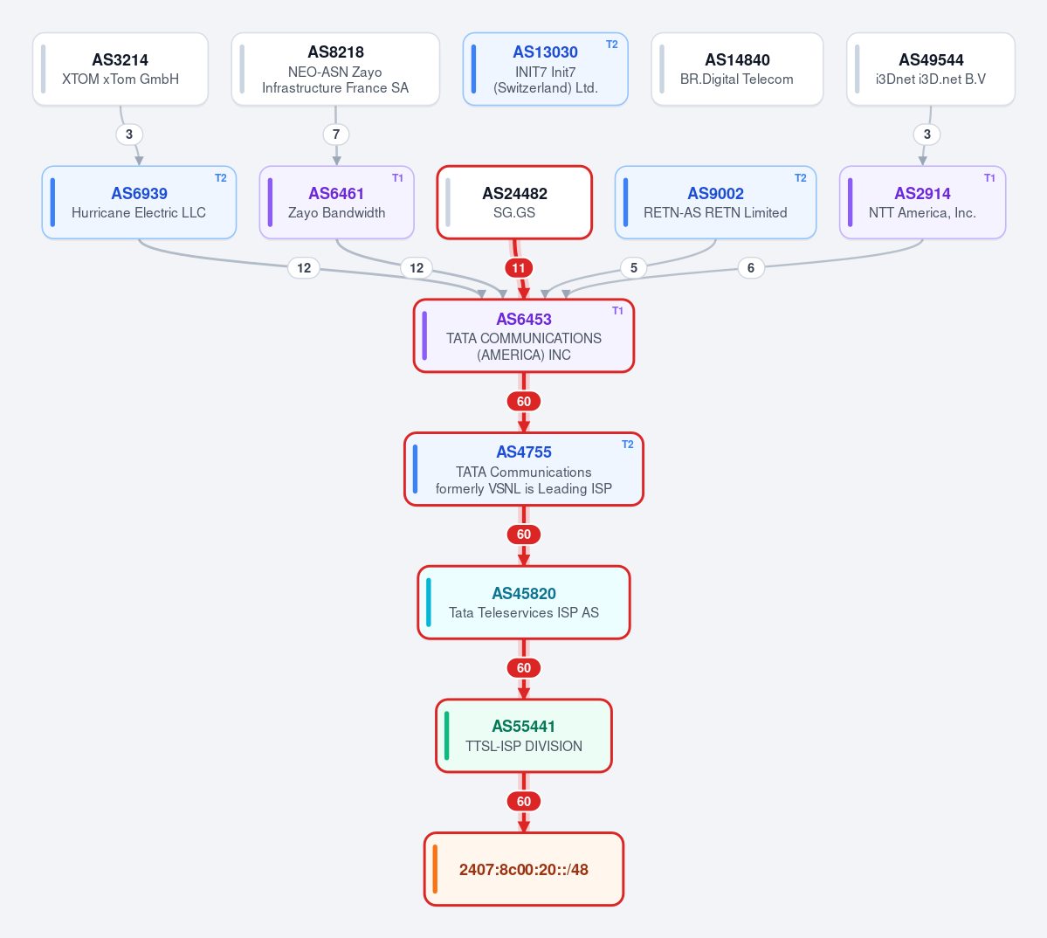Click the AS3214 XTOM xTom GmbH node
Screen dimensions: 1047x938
[121, 69]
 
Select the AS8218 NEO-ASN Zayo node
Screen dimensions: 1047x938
[335, 69]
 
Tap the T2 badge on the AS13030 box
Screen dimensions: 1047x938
[611, 45]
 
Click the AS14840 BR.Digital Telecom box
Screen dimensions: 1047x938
[737, 69]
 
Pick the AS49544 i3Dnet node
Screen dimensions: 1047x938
[931, 69]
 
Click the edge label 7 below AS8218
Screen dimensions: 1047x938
[336, 134]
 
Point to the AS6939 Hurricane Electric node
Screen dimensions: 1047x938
[139, 203]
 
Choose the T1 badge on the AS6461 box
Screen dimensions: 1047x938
[397, 178]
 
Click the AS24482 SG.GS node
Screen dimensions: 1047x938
[514, 203]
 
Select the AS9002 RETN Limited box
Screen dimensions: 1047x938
[715, 203]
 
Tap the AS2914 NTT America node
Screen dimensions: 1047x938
[922, 203]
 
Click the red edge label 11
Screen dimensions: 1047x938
[519, 268]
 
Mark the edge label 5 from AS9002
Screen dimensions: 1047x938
[634, 268]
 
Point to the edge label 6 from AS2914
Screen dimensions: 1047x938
[750, 268]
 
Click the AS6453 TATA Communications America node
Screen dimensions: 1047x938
[524, 335]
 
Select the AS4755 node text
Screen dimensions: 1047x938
[524, 469]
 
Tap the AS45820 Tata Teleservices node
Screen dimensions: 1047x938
[524, 603]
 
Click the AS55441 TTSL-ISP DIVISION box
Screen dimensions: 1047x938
[524, 735]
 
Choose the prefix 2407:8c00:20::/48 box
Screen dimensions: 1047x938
[524, 869]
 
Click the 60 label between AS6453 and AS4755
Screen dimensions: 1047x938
[524, 401]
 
